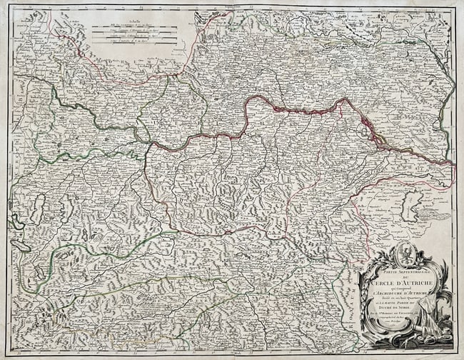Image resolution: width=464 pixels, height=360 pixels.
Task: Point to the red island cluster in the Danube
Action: [368, 129]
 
